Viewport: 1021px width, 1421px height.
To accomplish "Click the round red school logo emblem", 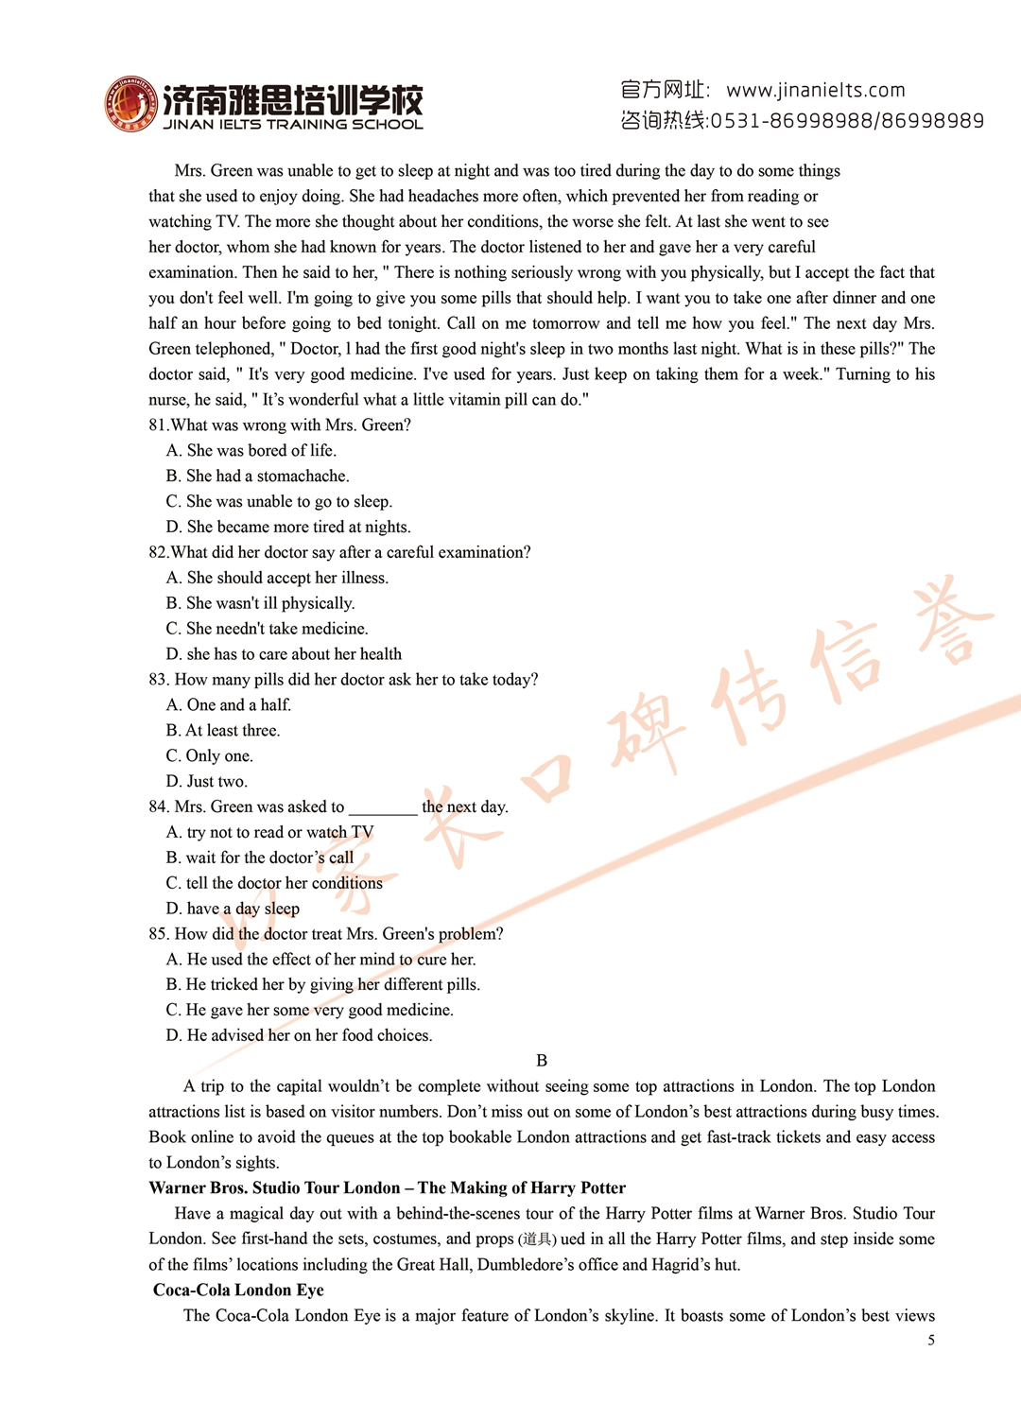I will (130, 104).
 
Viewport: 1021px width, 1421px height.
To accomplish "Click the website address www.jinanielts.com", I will (815, 90).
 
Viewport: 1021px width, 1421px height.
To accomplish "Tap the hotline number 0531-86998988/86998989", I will (847, 121).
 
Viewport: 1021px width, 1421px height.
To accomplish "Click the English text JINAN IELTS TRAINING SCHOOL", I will (293, 125).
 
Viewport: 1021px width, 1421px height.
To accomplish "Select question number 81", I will (158, 425).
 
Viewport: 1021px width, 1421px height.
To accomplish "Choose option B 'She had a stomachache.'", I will (258, 477).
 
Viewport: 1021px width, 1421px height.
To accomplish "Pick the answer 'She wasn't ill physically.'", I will (261, 603).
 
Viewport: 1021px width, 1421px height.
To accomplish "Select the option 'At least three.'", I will (223, 731).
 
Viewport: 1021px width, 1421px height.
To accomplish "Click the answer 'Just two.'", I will (207, 782).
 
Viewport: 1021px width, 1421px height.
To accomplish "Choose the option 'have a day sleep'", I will (234, 909).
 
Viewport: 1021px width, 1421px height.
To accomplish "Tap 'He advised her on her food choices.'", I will (300, 1036).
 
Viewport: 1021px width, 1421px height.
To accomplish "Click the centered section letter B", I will (542, 1061).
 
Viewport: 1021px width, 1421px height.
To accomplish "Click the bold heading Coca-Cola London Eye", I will (238, 1291).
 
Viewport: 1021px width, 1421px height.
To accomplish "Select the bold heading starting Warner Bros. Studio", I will (387, 1188).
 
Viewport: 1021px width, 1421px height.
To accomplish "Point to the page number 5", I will (931, 1341).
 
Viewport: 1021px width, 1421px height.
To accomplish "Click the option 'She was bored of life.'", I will (252, 451).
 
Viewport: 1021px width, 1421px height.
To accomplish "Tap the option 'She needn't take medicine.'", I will (268, 629).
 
